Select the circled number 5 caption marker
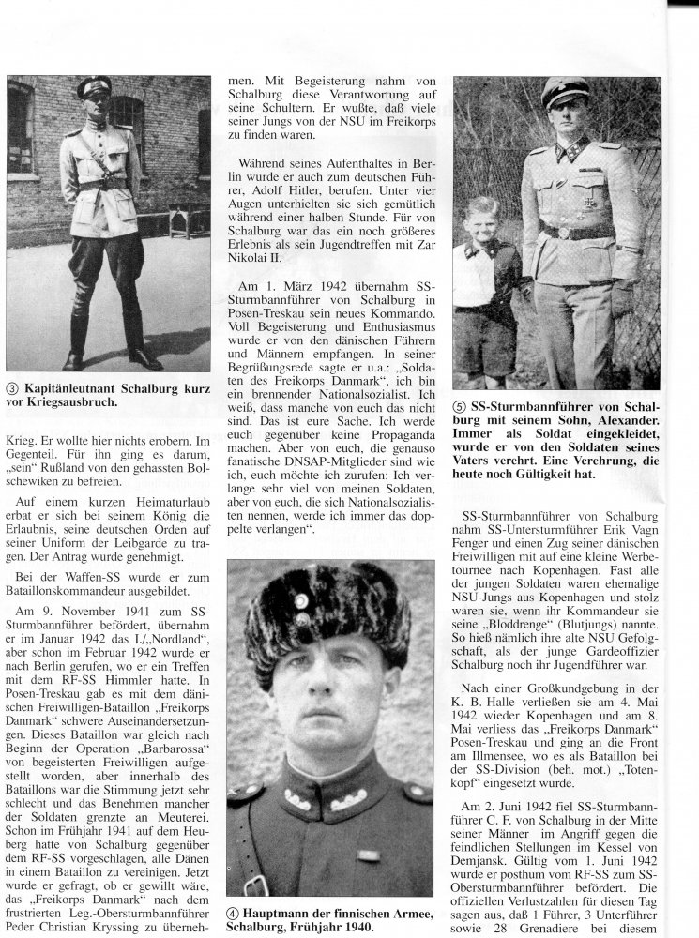coord(460,405)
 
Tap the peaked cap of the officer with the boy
coord(566,93)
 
